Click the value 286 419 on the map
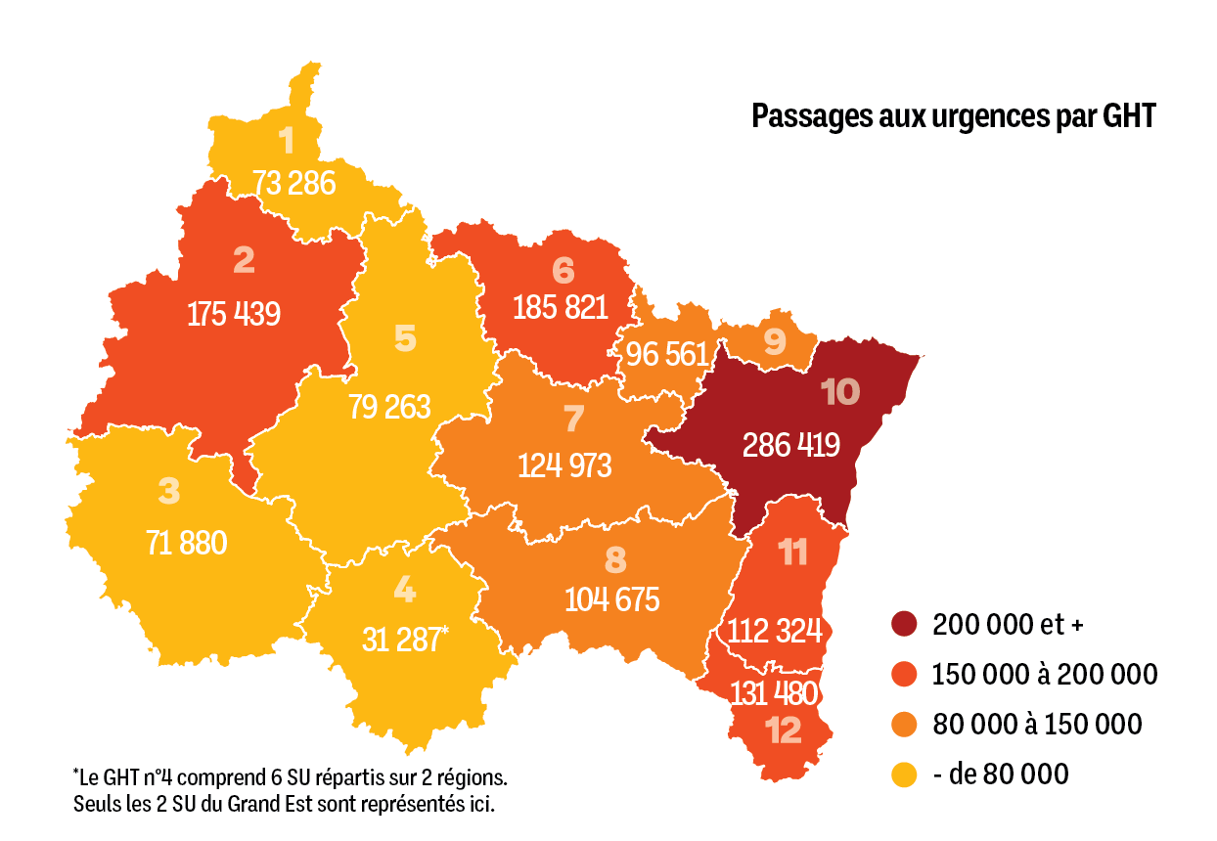pyautogui.click(x=790, y=445)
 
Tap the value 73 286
pyautogui.click(x=293, y=183)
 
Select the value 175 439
pyautogui.click(x=234, y=314)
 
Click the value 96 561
pyautogui.click(x=666, y=354)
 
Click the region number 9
pyautogui.click(x=774, y=341)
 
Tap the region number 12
pyautogui.click(x=785, y=730)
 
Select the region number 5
pyautogui.click(x=405, y=338)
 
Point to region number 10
pyautogui.click(x=839, y=393)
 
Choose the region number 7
pyautogui.click(x=573, y=419)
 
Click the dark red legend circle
pyautogui.click(x=904, y=624)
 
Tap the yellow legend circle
pyautogui.click(x=904, y=775)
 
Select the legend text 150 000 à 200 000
pyautogui.click(x=1045, y=675)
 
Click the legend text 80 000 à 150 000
pyautogui.click(x=1037, y=725)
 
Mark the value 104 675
pyautogui.click(x=612, y=598)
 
